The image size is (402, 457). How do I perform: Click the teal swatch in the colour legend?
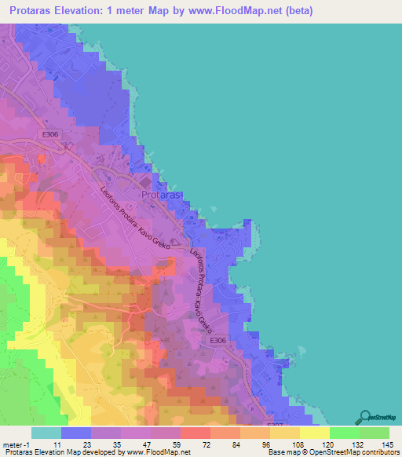[46, 432]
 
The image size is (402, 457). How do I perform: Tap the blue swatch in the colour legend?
[75, 432]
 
